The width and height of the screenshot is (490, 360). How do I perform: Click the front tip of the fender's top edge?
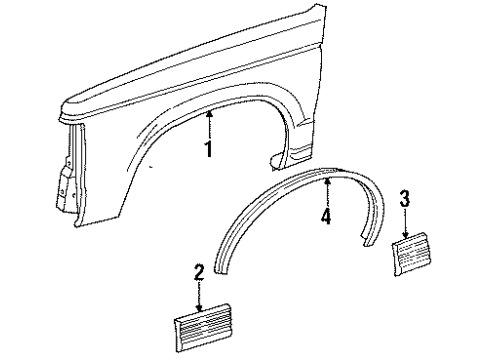63,102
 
